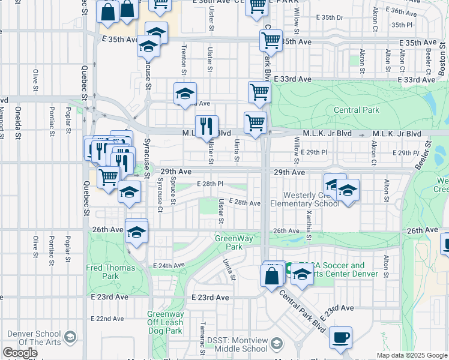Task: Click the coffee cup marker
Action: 340,337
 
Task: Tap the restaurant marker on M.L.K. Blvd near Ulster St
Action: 206,126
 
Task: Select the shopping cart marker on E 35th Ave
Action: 271,41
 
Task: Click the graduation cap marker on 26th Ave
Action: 137,232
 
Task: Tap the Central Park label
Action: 356,110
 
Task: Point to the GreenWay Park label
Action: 229,242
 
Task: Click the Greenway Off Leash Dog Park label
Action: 165,322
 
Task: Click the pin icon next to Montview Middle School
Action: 276,344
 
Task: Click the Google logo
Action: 20,353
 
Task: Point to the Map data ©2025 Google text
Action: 411,355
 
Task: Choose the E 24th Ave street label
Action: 168,265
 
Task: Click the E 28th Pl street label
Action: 210,184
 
